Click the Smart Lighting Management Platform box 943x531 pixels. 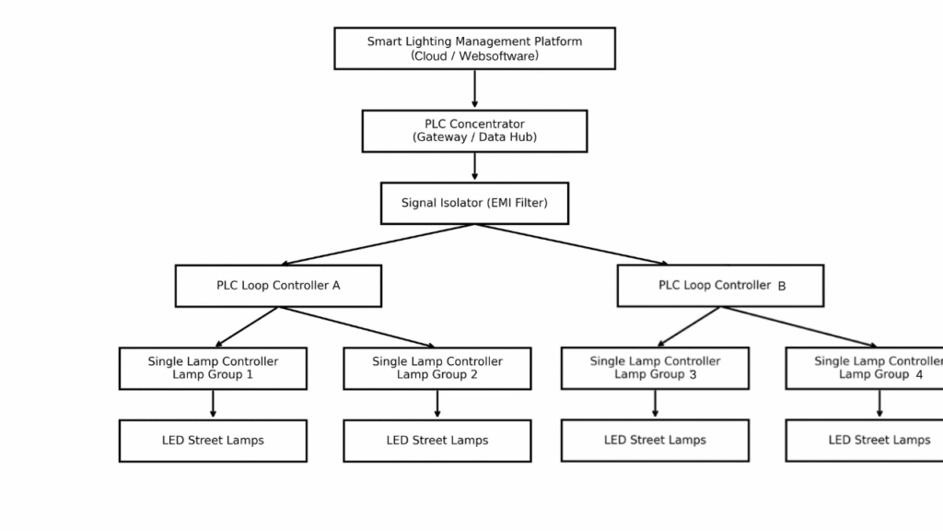[x=474, y=48]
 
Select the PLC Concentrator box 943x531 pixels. [x=474, y=131]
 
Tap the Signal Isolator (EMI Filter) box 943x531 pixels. [x=474, y=203]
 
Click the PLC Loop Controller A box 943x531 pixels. [x=278, y=286]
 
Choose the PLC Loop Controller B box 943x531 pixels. [x=720, y=286]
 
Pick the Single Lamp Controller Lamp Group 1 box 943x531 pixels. [x=213, y=368]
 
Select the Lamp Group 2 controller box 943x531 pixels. [x=437, y=368]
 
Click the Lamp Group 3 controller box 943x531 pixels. [x=655, y=368]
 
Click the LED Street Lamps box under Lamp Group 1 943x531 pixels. [x=213, y=441]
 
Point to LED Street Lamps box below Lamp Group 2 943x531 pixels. [x=437, y=441]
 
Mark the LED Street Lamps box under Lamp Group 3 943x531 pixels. [x=655, y=440]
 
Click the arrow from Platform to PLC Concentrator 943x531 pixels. [x=474, y=89]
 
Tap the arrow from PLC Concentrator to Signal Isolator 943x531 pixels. [x=474, y=167]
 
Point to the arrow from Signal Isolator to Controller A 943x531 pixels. [x=378, y=244]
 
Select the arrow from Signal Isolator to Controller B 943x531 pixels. [x=571, y=244]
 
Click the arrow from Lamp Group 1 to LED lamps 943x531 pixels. [x=213, y=404]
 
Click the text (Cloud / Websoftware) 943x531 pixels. [x=474, y=55]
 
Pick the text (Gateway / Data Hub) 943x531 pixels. [x=474, y=137]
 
